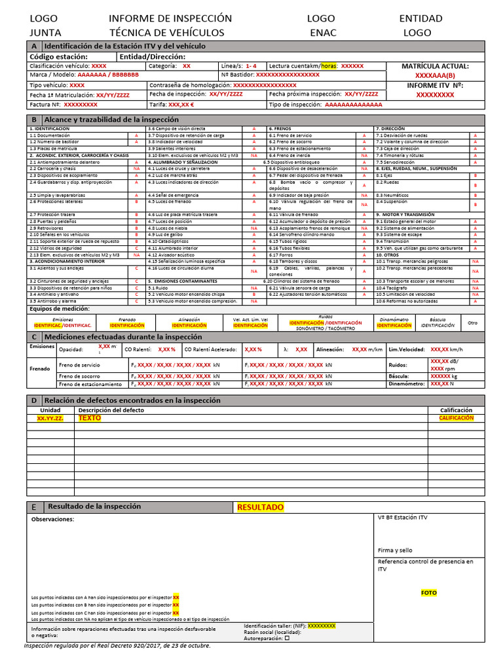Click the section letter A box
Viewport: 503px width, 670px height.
(34, 46)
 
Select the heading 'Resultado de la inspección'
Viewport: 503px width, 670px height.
(94, 506)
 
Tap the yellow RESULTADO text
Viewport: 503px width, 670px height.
(260, 507)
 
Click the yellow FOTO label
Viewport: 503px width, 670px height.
(428, 593)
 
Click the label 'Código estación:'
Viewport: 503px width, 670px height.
(59, 56)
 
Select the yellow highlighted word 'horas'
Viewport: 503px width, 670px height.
(329, 66)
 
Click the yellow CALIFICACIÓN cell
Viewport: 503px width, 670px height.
(456, 417)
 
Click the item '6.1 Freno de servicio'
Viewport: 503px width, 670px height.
(290, 135)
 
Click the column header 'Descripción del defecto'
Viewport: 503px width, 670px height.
(111, 410)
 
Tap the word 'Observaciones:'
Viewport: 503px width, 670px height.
(53, 520)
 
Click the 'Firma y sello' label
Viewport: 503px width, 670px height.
(395, 550)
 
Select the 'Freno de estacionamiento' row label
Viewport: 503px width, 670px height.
(90, 385)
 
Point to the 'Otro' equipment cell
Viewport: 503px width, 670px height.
(473, 322)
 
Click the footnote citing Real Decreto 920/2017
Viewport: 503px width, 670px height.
(117, 646)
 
